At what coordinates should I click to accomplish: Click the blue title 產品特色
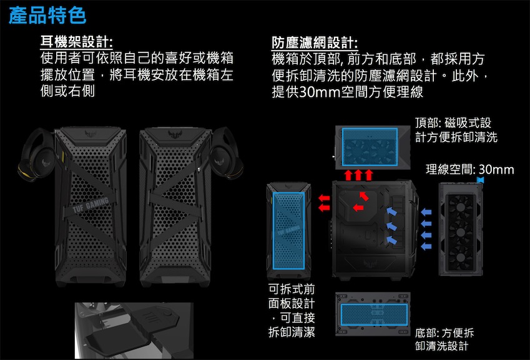(47, 16)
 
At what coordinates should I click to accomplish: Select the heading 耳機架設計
(76, 42)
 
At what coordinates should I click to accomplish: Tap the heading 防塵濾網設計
(315, 43)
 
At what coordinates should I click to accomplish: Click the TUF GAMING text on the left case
(91, 205)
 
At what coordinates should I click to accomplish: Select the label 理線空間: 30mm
(470, 169)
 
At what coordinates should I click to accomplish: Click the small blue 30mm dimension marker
(480, 180)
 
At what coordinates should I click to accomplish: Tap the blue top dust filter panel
(370, 147)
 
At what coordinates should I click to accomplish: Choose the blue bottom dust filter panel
(374, 314)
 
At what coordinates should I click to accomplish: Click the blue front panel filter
(288, 231)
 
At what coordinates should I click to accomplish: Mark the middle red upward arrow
(358, 175)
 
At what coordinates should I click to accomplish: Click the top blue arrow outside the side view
(426, 212)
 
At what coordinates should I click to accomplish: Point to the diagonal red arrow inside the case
(364, 196)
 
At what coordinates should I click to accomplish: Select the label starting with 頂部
(456, 130)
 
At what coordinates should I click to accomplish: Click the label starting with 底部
(444, 339)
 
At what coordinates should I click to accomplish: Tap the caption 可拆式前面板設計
(292, 311)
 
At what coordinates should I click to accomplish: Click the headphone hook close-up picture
(134, 331)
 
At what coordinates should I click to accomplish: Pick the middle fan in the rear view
(460, 232)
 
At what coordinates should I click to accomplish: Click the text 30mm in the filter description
(320, 92)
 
